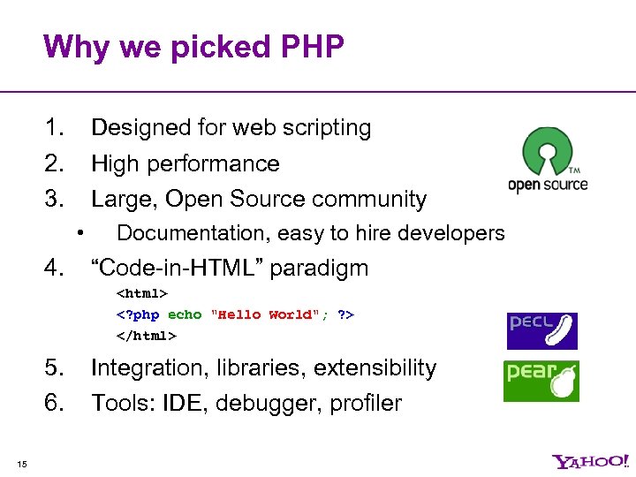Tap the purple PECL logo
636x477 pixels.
click(x=541, y=330)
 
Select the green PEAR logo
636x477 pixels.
click(x=541, y=382)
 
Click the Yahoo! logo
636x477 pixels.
click(x=590, y=461)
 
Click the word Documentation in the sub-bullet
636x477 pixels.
click(x=193, y=233)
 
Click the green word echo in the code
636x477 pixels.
click(x=185, y=314)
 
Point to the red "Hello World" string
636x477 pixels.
click(x=262, y=314)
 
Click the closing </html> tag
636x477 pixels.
click(x=147, y=336)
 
